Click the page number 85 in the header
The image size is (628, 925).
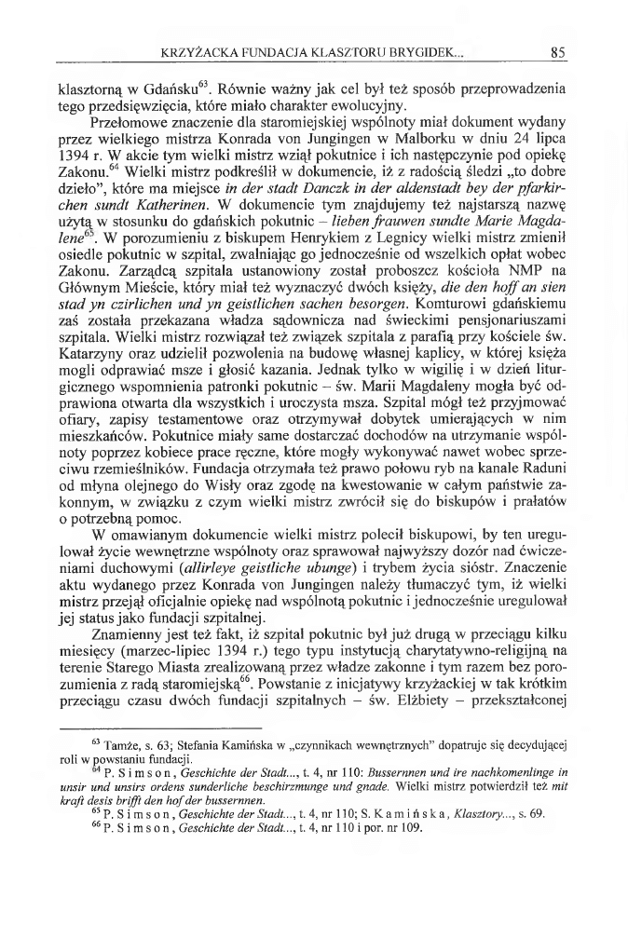(559, 52)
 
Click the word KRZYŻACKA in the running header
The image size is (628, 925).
(197, 52)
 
